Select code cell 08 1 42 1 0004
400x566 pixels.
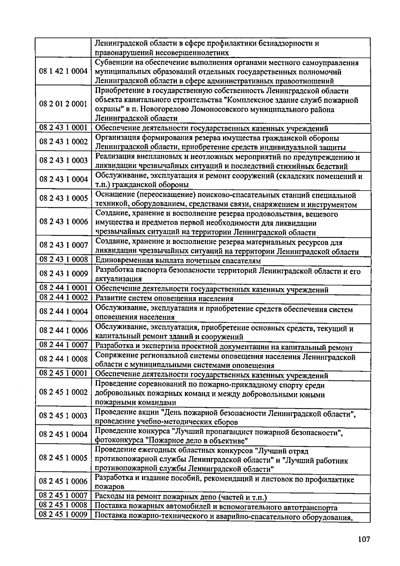pos(63,71)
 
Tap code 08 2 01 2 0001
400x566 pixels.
pos(63,104)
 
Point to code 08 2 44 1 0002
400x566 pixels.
pos(63,297)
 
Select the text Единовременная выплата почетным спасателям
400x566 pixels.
pos(178,261)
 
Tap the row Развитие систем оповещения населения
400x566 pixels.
pos(164,299)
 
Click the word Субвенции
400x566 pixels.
pos(112,63)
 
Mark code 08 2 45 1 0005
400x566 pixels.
pos(63,458)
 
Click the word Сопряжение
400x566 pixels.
pos(114,357)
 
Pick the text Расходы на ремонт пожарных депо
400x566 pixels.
pos(181,498)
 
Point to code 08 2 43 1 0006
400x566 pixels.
pos(63,222)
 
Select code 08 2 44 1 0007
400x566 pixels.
pos(63,345)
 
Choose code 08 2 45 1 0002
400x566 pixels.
pos(63,392)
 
